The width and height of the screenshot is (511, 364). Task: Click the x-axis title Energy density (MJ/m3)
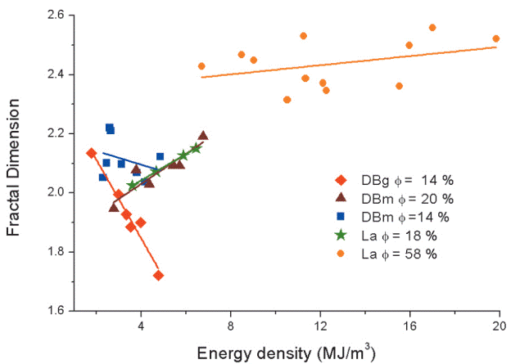pyautogui.click(x=287, y=353)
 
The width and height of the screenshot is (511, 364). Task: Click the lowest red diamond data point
pyautogui.click(x=158, y=276)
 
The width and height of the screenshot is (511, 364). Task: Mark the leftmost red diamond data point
pyautogui.click(x=91, y=153)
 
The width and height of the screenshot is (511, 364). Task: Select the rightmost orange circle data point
pyautogui.click(x=495, y=38)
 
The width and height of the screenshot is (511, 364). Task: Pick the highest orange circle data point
pyautogui.click(x=432, y=28)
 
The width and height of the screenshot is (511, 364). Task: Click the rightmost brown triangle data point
pyautogui.click(x=202, y=136)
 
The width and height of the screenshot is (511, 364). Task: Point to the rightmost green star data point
pyautogui.click(x=196, y=148)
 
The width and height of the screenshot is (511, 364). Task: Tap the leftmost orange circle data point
pyautogui.click(x=201, y=66)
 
